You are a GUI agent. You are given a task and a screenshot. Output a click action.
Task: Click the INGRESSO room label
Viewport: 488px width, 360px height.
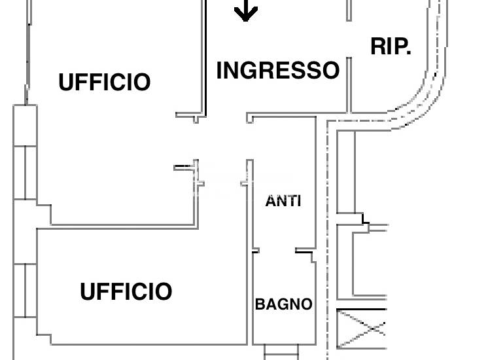pos(278,70)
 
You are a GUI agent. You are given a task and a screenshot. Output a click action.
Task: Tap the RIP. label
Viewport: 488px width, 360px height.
pos(391,46)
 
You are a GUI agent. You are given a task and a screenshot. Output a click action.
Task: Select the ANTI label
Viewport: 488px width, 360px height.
pos(283,201)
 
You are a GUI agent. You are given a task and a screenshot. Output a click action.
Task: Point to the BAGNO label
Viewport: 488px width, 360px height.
pos(283,304)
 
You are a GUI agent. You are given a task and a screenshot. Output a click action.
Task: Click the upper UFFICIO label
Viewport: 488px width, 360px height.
pos(105,82)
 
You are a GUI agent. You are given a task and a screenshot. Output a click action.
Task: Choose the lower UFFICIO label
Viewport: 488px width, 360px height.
pos(126,291)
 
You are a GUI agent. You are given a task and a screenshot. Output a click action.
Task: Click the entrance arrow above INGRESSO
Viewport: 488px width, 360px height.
pos(246,10)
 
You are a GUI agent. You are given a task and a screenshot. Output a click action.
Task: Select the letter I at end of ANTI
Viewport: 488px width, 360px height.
pos(299,201)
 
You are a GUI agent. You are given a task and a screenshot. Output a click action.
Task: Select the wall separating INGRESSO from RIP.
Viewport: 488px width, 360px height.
pos(349,85)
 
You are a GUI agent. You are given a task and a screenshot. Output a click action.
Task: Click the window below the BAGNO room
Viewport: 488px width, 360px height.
pos(281,353)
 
